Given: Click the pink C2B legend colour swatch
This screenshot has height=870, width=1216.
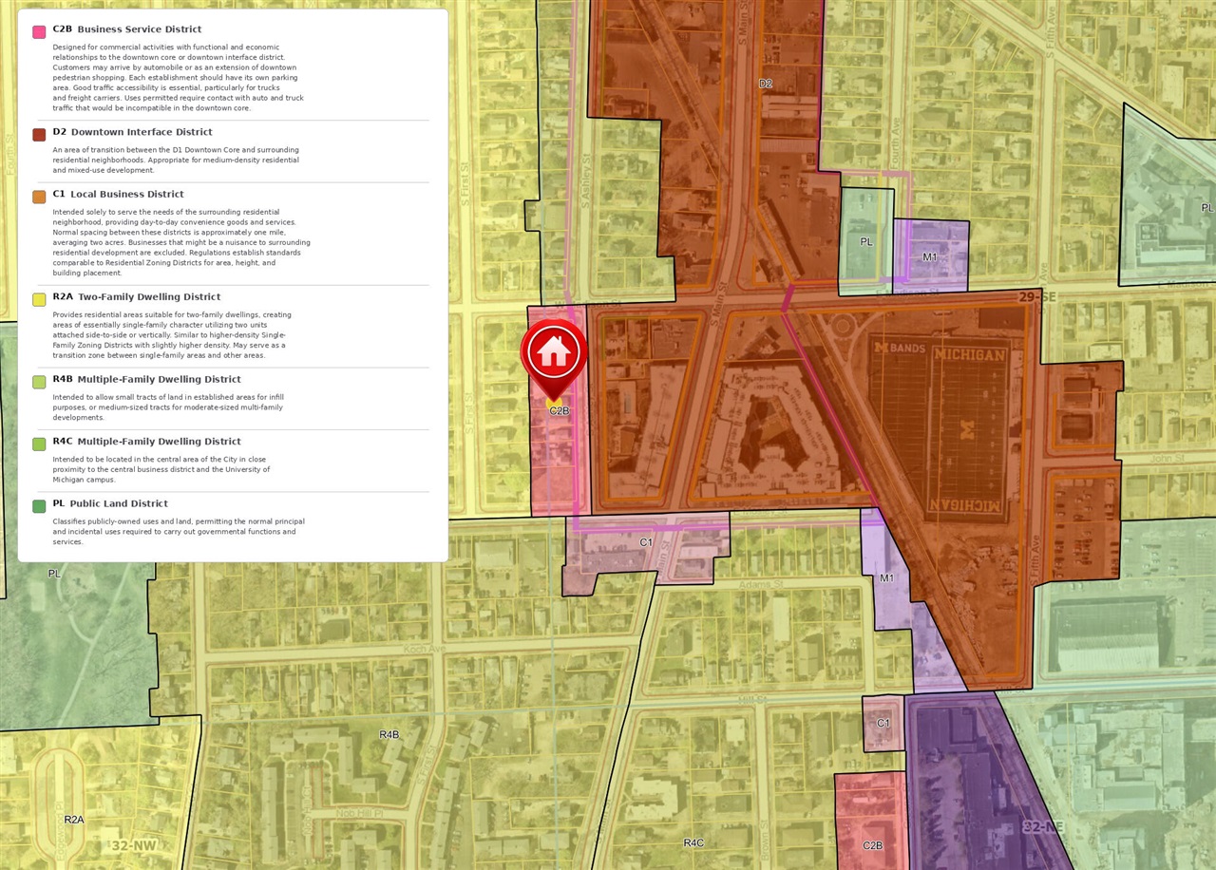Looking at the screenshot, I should [x=39, y=31].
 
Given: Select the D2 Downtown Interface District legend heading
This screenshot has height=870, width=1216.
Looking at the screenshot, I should [x=132, y=132].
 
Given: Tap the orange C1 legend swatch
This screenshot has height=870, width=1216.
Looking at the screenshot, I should [x=39, y=197].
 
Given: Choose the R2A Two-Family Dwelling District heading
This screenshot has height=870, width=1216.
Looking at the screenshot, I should [x=136, y=297].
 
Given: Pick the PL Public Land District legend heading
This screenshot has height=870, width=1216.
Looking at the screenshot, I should [x=110, y=503].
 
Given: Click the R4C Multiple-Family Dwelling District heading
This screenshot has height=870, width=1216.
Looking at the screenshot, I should [x=146, y=442].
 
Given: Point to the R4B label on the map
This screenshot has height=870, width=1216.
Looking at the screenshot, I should [x=389, y=735].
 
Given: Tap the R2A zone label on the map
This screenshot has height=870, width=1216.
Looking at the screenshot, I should [x=74, y=820].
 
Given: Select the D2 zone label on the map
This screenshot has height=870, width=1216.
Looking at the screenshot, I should [x=766, y=84].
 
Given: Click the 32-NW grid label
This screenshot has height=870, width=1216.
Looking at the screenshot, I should [x=132, y=845].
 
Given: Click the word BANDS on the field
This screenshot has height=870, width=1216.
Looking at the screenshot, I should [x=906, y=349].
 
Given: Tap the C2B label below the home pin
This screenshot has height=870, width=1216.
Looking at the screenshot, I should [x=559, y=411].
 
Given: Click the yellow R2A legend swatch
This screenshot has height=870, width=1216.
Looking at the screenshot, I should [x=39, y=300].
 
